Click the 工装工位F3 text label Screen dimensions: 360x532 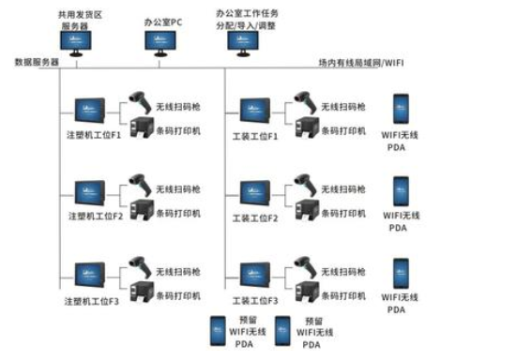click(x=255, y=301)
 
